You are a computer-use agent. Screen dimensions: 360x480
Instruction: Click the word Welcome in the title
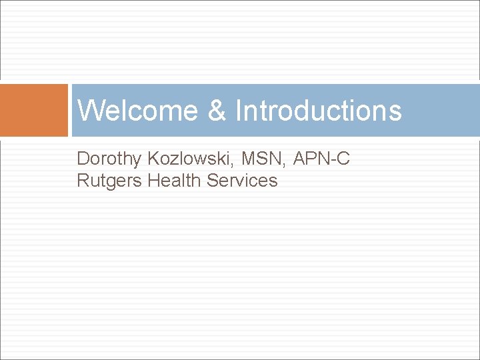pyautogui.click(x=137, y=111)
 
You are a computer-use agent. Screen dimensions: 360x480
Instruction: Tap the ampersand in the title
pyautogui.click(x=217, y=111)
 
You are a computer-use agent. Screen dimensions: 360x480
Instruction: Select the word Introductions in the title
pyautogui.click(x=319, y=111)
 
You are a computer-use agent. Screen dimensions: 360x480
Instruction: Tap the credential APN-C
pyautogui.click(x=321, y=159)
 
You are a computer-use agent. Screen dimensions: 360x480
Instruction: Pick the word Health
pyautogui.click(x=175, y=181)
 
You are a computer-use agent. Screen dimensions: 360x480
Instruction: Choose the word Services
pyautogui.click(x=242, y=181)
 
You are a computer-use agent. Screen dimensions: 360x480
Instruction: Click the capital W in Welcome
pyautogui.click(x=90, y=111)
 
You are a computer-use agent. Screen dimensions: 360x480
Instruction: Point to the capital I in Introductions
pyautogui.click(x=239, y=111)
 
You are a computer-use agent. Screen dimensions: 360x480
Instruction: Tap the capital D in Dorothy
pyautogui.click(x=83, y=159)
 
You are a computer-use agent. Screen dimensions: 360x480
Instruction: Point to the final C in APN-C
pyautogui.click(x=344, y=159)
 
